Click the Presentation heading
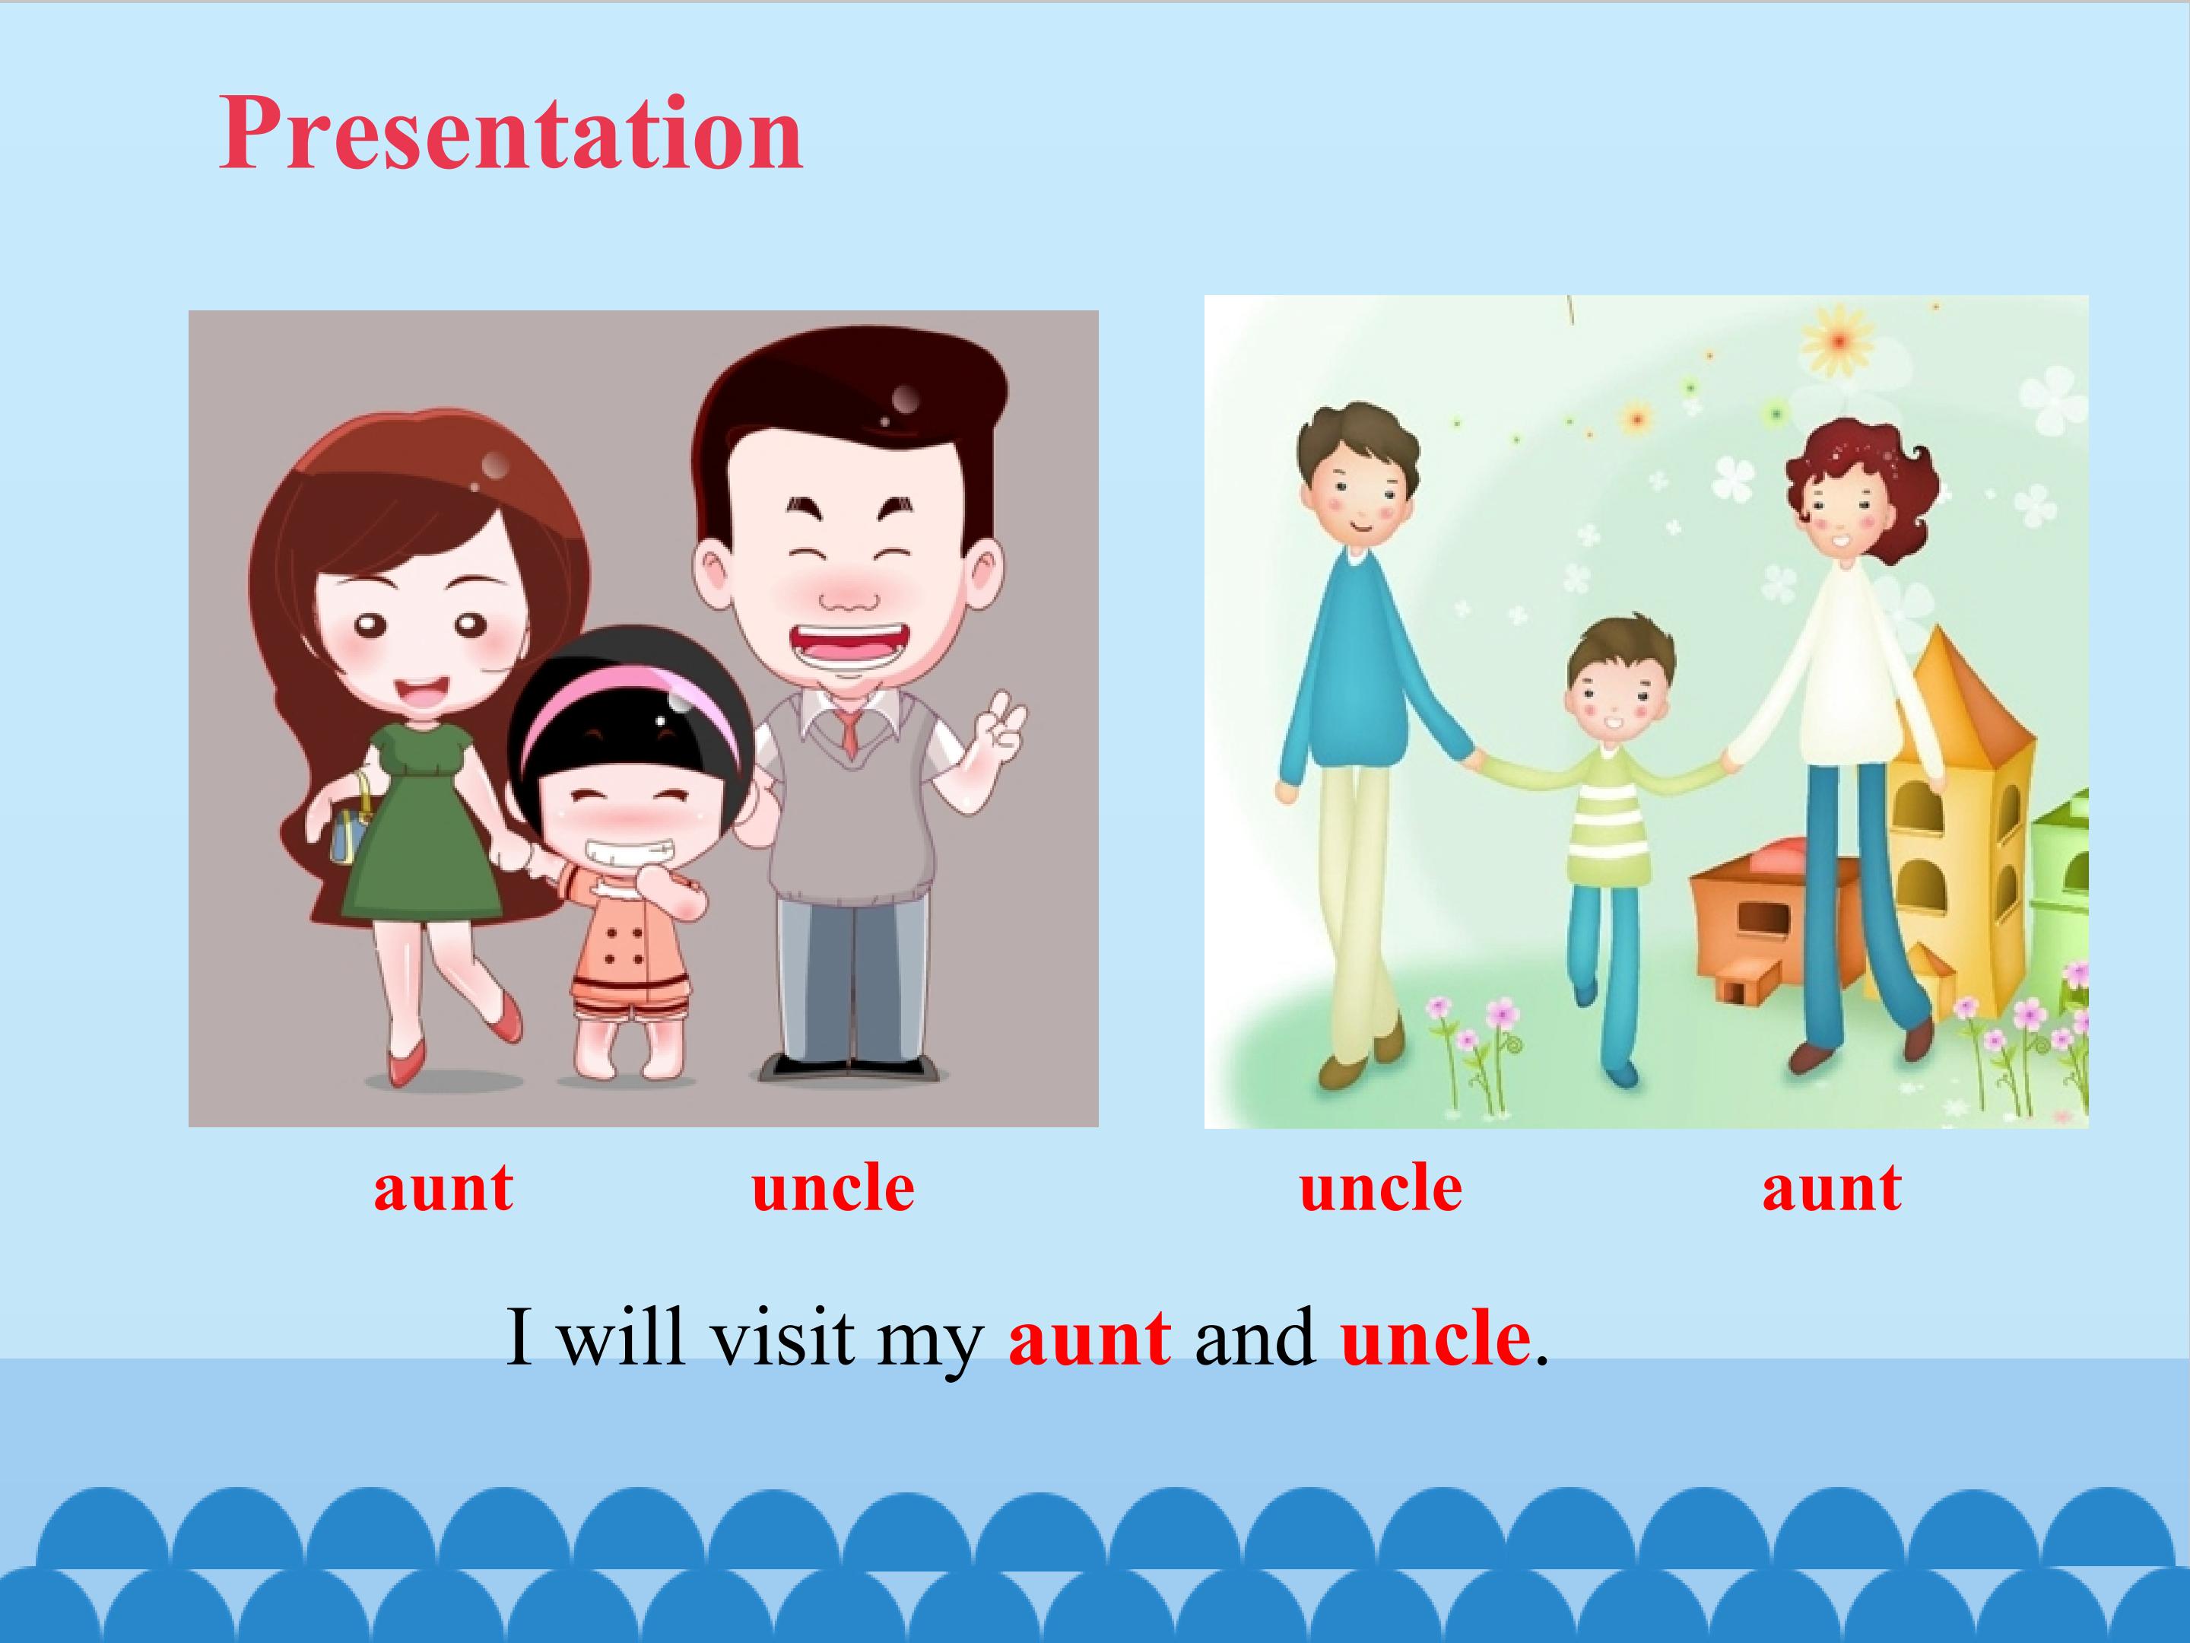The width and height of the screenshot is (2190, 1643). [510, 134]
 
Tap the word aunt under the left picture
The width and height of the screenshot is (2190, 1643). [443, 1187]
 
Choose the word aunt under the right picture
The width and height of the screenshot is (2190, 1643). [1832, 1187]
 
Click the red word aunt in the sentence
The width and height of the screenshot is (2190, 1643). [1090, 1338]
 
